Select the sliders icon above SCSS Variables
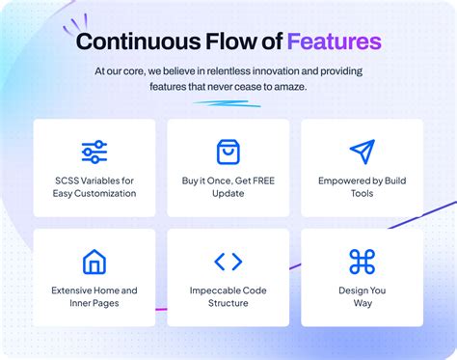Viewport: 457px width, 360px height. tap(94, 152)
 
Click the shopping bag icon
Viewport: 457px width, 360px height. tap(228, 152)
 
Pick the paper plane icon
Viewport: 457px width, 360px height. tap(362, 152)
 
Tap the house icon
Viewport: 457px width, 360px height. tap(94, 262)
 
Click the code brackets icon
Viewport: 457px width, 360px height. tap(228, 262)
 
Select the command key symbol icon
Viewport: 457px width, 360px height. tap(362, 262)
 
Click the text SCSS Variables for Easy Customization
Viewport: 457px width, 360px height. tap(94, 186)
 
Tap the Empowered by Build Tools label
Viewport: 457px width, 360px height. tap(362, 186)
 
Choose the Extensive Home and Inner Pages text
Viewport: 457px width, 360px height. tap(94, 296)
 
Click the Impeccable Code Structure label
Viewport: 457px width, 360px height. tap(228, 296)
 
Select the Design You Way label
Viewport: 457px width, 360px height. tap(362, 296)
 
